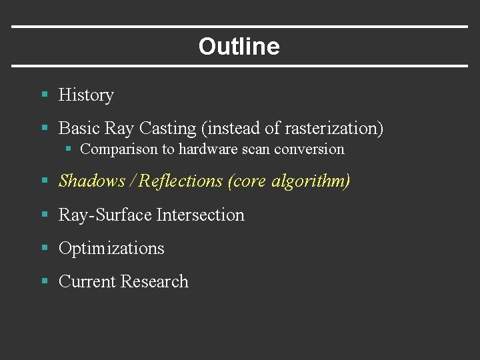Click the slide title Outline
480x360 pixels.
[x=239, y=47]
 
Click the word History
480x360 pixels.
[x=86, y=95]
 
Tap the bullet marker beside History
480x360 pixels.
[x=45, y=95]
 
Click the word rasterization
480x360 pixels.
[x=331, y=128]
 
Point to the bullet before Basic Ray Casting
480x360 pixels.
[x=45, y=127]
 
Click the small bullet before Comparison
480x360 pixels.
[x=68, y=149]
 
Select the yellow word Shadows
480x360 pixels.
[x=92, y=181]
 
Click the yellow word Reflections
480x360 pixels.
[x=182, y=181]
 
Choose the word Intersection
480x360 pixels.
[x=200, y=215]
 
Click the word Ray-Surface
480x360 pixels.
[x=105, y=215]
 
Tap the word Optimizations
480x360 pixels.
[x=111, y=249]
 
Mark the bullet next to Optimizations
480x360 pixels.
[x=45, y=248]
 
